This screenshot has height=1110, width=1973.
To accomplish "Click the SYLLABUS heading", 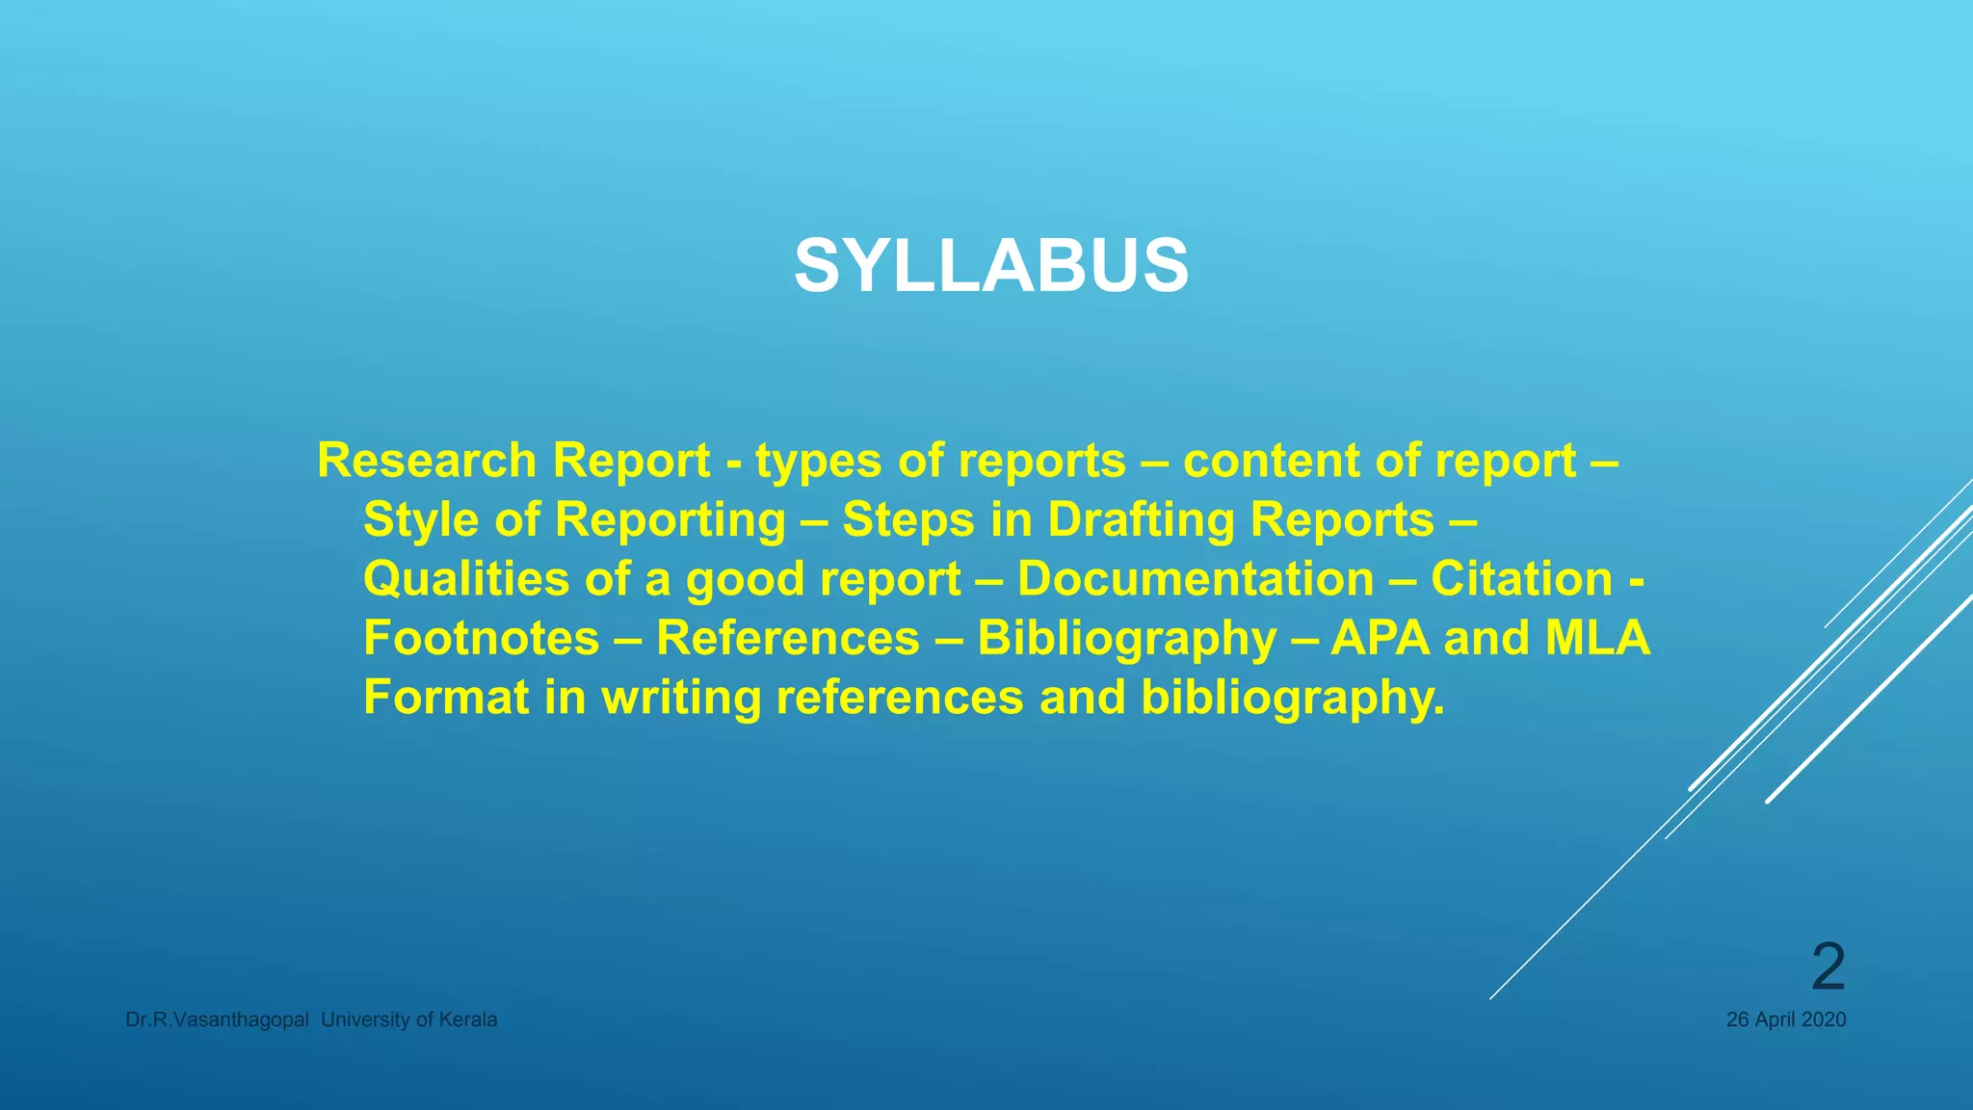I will coord(991,266).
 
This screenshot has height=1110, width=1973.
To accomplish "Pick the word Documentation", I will coord(1195,579).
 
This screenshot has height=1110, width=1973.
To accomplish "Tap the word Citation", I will coord(1521,579).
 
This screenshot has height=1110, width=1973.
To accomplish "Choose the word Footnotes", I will coord(481,638).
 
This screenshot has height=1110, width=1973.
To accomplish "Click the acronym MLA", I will coord(1597,638).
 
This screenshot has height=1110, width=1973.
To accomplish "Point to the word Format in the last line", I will coord(445,697).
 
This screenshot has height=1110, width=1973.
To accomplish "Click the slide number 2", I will coord(1828,966).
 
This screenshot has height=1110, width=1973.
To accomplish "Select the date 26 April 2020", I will coord(1785,1019).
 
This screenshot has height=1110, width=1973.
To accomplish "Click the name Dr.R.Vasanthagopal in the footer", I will coord(217,1019).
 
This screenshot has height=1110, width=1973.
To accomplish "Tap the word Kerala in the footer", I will coord(468,1019).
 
